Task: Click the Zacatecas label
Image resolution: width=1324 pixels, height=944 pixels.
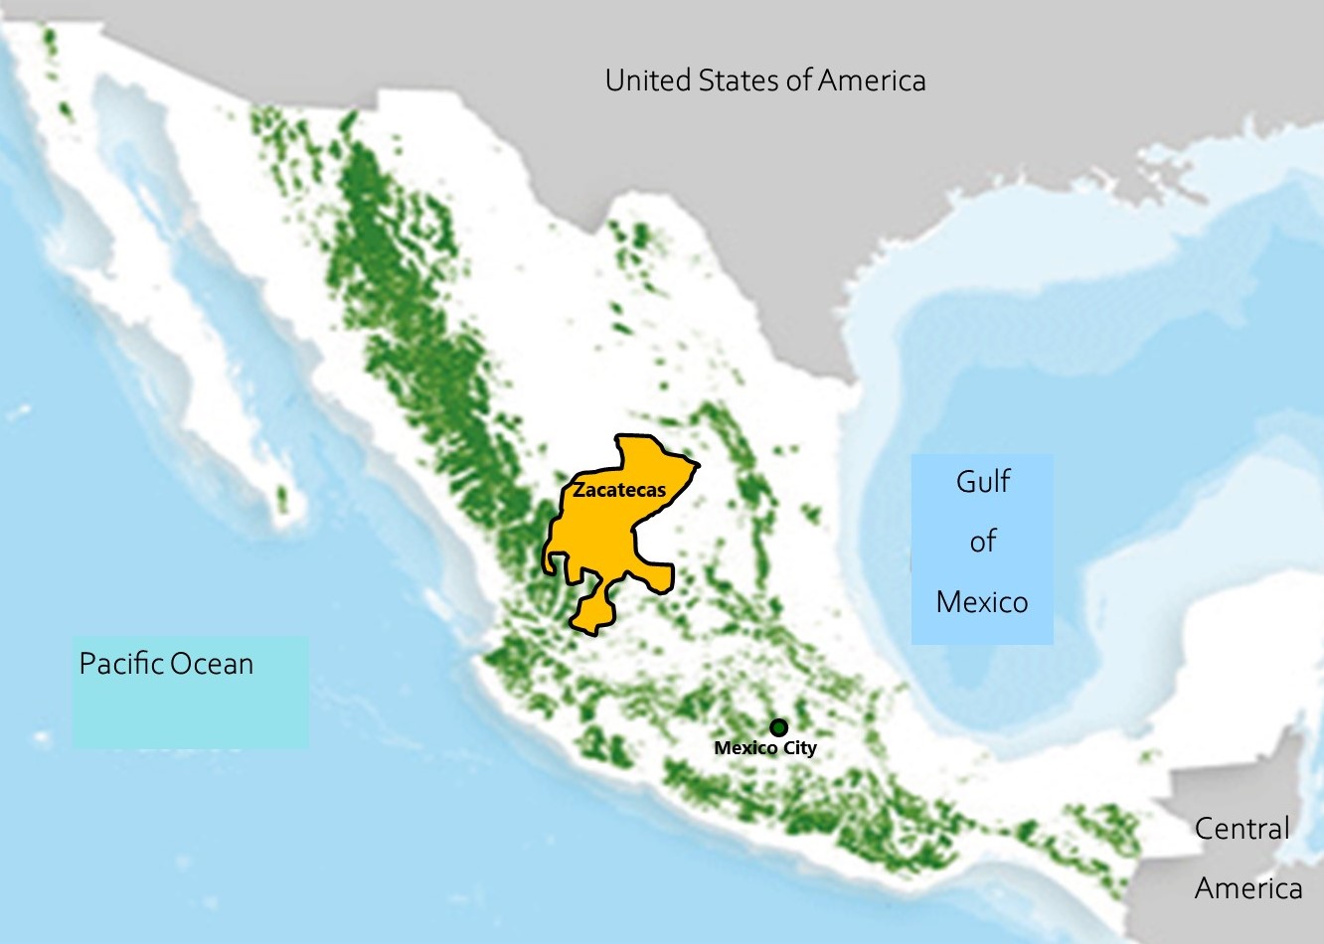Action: pos(618,490)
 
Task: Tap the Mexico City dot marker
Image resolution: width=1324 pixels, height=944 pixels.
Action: pos(778,727)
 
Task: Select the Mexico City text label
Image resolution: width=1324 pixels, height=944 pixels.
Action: pos(764,748)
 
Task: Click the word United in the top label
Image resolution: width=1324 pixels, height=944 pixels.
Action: pos(648,80)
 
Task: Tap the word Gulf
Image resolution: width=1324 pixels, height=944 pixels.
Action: pos(982,482)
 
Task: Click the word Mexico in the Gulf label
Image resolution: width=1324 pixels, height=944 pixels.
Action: pos(982,602)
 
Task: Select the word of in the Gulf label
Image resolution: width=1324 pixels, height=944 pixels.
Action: pos(982,542)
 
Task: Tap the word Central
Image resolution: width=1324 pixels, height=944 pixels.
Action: pos(1241,829)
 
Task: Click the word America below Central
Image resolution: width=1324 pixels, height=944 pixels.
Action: pos(1248,887)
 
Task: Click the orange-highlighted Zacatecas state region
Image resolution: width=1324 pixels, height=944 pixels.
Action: pos(606,537)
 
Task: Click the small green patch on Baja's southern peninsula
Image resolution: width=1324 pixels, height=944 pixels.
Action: pos(282,499)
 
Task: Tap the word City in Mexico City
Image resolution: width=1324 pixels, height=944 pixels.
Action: pos(799,748)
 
